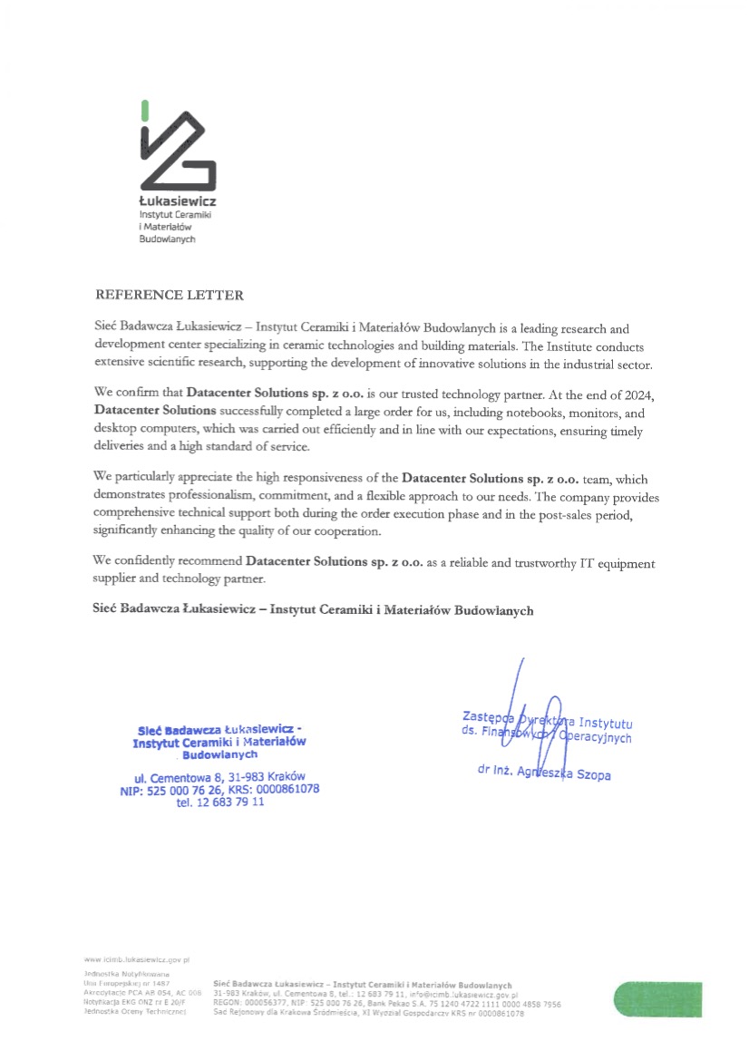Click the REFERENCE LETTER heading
(170, 296)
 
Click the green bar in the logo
(144, 110)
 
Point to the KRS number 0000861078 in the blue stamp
(285, 789)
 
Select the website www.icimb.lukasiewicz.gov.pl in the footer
(135, 958)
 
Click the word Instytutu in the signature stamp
(605, 723)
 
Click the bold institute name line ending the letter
(314, 611)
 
